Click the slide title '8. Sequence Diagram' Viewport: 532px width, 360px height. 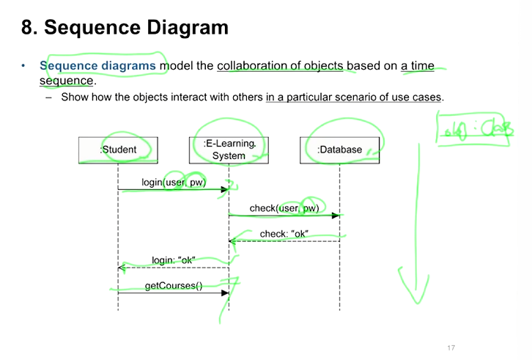click(125, 29)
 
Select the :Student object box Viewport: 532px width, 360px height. click(118, 150)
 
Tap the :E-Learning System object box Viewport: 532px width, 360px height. click(229, 150)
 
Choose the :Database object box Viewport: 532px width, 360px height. click(339, 150)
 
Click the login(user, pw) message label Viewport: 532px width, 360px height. click(174, 182)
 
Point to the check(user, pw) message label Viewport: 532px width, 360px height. click(284, 208)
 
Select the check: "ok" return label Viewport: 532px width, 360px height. click(284, 234)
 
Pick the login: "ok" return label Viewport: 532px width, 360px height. click(174, 260)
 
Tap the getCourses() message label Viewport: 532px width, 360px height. click(174, 285)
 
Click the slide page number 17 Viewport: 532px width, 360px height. click(451, 348)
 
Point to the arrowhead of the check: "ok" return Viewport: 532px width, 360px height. click(232, 240)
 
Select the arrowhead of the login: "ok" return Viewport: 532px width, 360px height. click(122, 268)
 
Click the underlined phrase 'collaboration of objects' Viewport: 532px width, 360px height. click(280, 65)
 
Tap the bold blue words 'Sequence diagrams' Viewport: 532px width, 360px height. click(98, 65)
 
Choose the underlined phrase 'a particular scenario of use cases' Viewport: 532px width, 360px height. click(355, 97)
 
